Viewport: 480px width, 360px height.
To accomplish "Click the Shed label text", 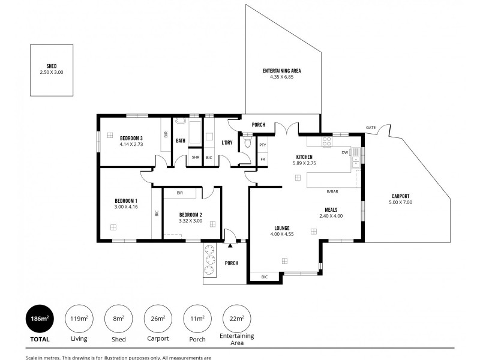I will pos(51,66).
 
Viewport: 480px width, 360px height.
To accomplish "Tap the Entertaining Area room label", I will pos(281,71).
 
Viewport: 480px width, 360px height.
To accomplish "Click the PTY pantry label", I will pos(263,145).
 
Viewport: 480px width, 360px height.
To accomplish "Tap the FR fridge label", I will pos(263,158).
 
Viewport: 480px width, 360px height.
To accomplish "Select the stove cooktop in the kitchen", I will pos(327,142).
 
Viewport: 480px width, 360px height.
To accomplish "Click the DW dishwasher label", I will pos(344,152).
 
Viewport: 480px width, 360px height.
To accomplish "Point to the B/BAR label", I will pos(332,191).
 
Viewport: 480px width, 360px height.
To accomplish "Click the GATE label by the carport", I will pos(371,128).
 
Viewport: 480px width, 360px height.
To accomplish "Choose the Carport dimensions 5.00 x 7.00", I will pos(400,203).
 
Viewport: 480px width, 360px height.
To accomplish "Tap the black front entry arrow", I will pos(230,245).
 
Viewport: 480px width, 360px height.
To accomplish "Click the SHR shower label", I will pos(195,158).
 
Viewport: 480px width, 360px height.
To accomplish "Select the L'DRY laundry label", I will pos(227,142).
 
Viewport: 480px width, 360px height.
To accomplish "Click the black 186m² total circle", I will pos(40,319).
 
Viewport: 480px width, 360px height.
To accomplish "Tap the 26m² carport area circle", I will pos(158,319).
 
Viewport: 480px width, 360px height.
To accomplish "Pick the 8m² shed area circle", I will pos(119,319).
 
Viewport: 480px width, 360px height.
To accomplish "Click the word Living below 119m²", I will pos(79,339).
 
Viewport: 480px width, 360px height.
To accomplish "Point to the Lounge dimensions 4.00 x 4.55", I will pos(281,234).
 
